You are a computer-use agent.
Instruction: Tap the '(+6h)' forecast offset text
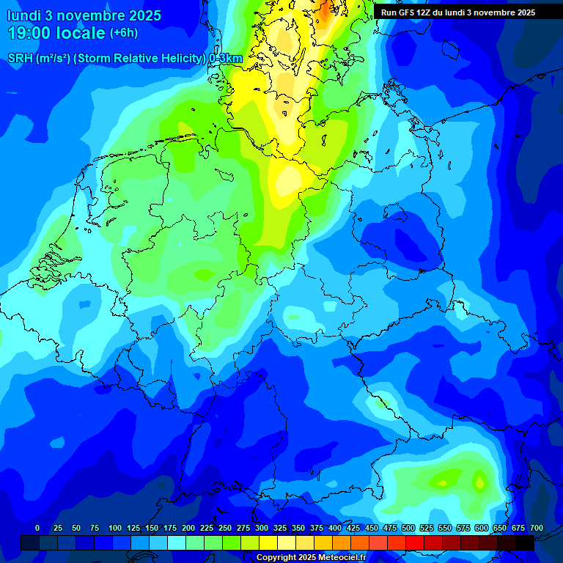123,33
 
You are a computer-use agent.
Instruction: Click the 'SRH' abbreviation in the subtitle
21,59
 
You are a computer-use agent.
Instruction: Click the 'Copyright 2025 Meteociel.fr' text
311,557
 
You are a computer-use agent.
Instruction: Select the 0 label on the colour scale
37,528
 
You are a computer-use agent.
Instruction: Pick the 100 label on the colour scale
115,528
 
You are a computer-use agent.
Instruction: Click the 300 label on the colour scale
262,528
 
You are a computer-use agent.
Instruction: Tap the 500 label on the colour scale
408,528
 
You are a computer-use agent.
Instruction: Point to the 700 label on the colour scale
537,528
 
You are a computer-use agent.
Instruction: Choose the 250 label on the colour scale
225,528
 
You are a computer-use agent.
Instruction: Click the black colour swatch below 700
525,542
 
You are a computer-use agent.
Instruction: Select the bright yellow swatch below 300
268,542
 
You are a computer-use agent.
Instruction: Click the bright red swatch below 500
415,542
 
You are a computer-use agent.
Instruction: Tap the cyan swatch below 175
177,542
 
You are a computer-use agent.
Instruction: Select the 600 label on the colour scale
482,528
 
